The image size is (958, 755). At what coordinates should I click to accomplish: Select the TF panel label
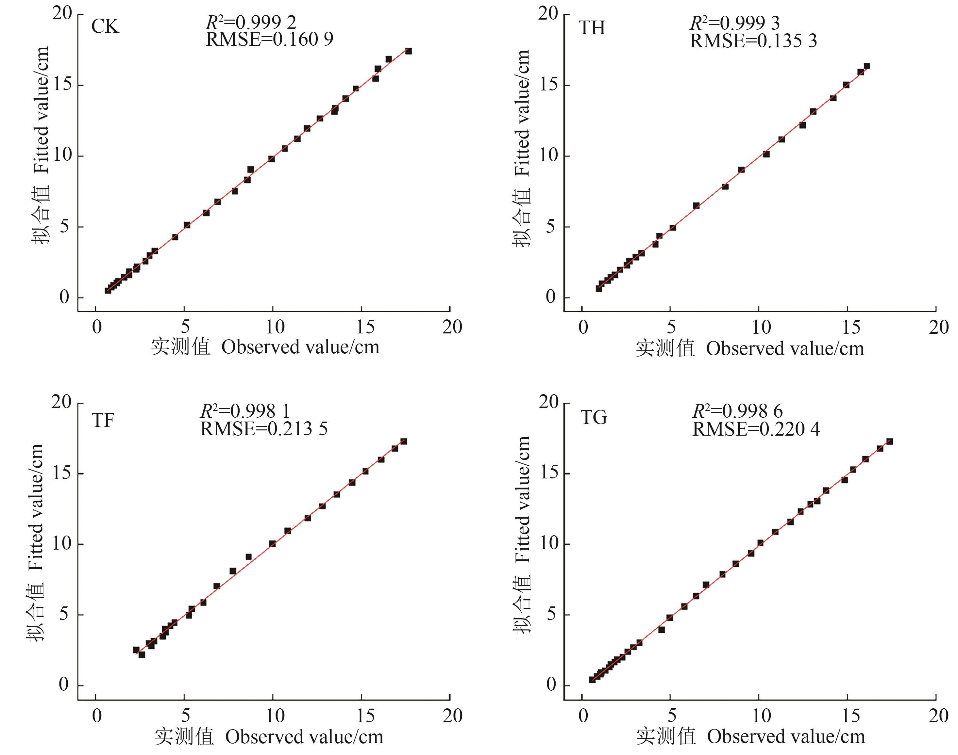103,420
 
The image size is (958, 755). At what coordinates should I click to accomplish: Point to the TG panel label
593,417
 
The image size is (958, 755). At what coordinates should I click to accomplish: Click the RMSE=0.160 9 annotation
269,40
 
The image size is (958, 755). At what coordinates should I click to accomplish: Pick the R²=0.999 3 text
734,23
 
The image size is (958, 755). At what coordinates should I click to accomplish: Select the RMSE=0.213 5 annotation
264,429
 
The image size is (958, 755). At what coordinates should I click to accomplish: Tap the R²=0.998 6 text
737,411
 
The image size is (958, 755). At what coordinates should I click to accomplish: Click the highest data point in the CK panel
409,51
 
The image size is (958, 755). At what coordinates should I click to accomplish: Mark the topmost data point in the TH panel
867,66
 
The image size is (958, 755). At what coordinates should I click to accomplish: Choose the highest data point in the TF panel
404,441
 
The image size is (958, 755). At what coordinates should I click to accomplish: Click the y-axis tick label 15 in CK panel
62,85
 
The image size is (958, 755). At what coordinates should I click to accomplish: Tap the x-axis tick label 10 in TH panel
761,328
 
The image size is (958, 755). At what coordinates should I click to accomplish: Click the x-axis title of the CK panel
265,347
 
